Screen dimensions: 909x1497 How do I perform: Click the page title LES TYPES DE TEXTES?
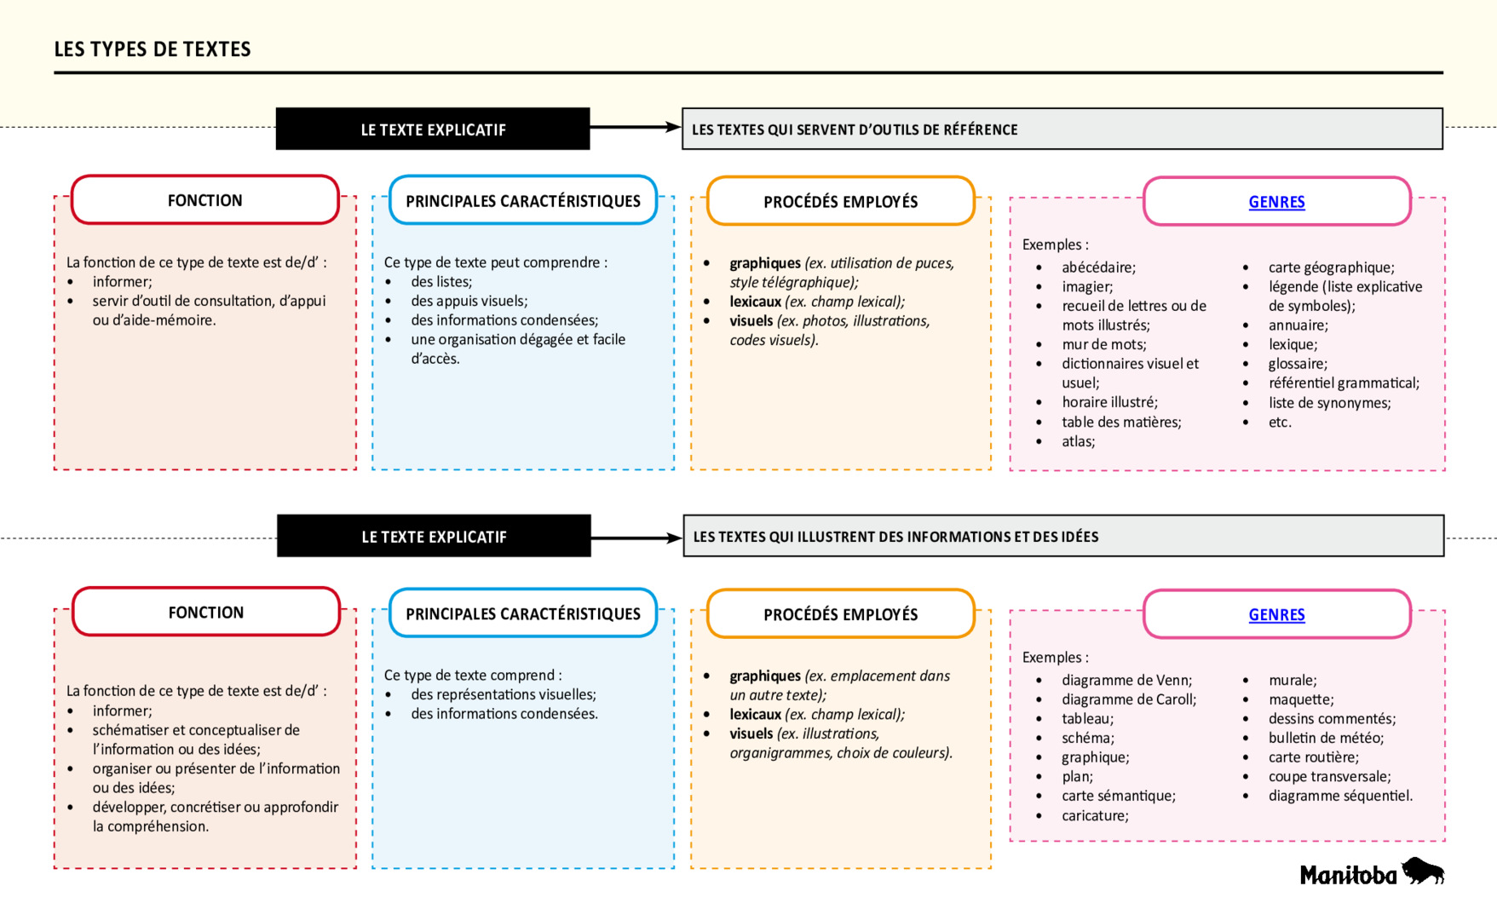pyautogui.click(x=153, y=49)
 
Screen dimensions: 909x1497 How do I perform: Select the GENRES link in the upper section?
pyautogui.click(x=1276, y=202)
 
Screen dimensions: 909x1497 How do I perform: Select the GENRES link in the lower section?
pyautogui.click(x=1276, y=614)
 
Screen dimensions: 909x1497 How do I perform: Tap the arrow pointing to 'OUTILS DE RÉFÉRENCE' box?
pyautogui.click(x=635, y=127)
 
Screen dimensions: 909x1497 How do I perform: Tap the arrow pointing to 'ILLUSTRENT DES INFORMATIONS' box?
pyautogui.click(x=636, y=538)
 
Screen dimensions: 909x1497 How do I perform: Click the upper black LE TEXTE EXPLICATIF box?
pyautogui.click(x=433, y=129)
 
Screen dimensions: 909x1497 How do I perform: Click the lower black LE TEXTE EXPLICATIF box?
pyautogui.click(x=434, y=537)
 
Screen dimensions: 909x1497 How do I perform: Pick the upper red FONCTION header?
pyautogui.click(x=205, y=200)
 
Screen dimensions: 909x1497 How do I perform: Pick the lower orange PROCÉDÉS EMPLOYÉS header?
pyautogui.click(x=840, y=614)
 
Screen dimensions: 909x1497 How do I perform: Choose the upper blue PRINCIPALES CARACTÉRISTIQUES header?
pyautogui.click(x=522, y=201)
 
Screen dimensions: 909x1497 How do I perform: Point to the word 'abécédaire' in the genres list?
pyautogui.click(x=1098, y=268)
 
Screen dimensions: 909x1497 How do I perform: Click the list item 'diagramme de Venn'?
pyautogui.click(x=1126, y=680)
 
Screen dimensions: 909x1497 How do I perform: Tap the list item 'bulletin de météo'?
pyautogui.click(x=1326, y=738)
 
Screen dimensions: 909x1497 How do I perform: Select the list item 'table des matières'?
pyautogui.click(x=1121, y=422)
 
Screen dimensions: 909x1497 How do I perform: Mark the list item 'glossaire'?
pyautogui.click(x=1298, y=364)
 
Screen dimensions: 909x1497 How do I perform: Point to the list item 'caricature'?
pyautogui.click(x=1095, y=815)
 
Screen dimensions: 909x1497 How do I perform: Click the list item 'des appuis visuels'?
pyautogui.click(x=469, y=301)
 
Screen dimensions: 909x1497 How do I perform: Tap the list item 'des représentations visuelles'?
pyautogui.click(x=503, y=694)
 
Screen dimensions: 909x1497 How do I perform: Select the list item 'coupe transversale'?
pyautogui.click(x=1329, y=776)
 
